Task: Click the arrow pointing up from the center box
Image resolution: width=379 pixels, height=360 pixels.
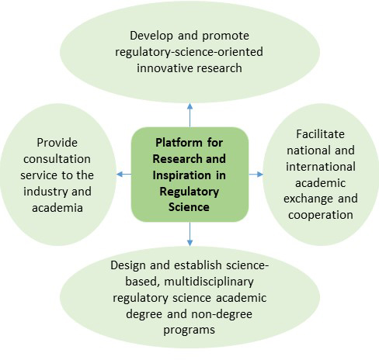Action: (x=189, y=116)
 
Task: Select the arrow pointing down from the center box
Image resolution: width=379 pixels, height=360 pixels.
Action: (x=189, y=234)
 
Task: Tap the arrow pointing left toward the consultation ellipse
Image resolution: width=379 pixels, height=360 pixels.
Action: (x=124, y=175)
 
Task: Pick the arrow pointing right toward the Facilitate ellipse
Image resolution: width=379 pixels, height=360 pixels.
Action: (x=256, y=175)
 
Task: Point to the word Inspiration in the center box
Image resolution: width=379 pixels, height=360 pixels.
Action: (x=182, y=175)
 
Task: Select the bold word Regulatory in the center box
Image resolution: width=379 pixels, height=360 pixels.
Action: (x=189, y=192)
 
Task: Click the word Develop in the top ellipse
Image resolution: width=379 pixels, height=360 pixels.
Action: (x=151, y=36)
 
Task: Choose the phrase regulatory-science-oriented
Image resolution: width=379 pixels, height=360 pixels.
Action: (x=189, y=52)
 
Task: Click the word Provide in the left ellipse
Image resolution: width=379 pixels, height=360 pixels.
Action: (x=57, y=143)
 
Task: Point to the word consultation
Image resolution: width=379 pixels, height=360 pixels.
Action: (x=57, y=159)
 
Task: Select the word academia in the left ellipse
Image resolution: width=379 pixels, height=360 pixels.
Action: (x=57, y=208)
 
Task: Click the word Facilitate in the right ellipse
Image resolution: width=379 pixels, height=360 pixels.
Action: (x=321, y=134)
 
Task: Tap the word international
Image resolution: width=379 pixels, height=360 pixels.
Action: (x=321, y=167)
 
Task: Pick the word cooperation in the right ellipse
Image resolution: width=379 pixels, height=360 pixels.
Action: (x=321, y=215)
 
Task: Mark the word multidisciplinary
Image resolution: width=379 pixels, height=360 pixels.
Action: (x=209, y=282)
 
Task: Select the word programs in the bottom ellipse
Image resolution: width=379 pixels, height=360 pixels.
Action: (x=189, y=331)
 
